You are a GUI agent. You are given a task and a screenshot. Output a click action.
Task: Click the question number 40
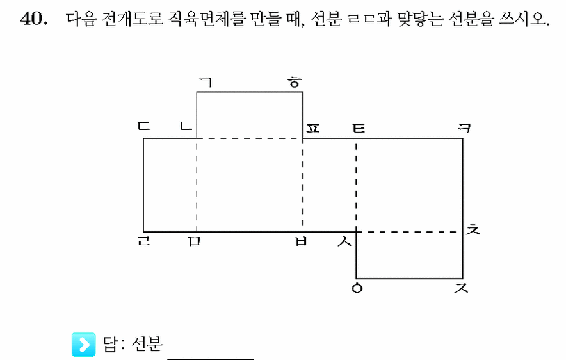point(33,19)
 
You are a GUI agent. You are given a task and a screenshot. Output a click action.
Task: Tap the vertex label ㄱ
point(206,83)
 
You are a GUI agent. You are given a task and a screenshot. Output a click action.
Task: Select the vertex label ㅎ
point(295,83)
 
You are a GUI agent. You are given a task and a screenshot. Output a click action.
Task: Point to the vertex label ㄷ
point(143,126)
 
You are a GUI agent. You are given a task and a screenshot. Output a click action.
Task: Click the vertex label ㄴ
point(186,126)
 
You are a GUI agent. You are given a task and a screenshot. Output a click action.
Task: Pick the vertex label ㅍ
point(312,128)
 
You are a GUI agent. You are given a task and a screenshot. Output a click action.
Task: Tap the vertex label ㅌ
point(359,128)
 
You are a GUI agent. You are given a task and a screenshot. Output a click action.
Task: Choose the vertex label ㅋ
point(464,128)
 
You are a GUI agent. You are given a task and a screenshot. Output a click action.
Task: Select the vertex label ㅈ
point(461,288)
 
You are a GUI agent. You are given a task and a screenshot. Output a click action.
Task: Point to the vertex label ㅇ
point(357,288)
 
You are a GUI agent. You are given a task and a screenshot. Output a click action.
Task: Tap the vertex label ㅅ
point(344,241)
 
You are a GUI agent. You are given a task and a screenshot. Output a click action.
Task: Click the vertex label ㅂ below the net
point(301,241)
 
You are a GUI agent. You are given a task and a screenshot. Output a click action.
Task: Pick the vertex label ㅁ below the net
point(194,241)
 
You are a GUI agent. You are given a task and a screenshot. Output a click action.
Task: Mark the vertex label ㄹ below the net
point(143,241)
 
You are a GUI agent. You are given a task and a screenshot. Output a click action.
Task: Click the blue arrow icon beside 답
point(83,345)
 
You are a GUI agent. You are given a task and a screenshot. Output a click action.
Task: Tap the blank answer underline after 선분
point(211,359)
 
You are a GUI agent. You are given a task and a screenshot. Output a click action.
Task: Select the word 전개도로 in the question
point(133,19)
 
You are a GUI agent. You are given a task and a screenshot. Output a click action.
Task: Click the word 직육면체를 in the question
point(206,19)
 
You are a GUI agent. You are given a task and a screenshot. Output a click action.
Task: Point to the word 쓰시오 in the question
point(524,19)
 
